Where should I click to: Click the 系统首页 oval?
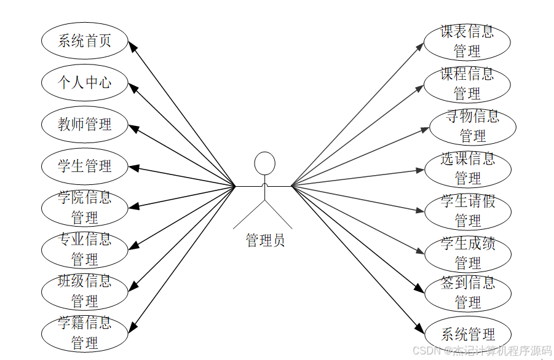point(84,41)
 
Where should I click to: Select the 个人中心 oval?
point(84,82)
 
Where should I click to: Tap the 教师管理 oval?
point(84,124)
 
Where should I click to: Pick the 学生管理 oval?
point(84,166)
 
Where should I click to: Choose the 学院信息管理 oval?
point(84,208)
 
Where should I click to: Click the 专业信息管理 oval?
point(84,249)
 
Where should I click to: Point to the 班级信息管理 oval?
point(84,291)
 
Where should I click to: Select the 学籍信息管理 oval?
point(84,332)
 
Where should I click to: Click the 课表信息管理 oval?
point(467,41)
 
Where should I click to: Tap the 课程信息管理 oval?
point(467,84)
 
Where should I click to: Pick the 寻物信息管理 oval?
point(472,126)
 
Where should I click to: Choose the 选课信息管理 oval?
point(468,168)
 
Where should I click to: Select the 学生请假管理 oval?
point(468,211)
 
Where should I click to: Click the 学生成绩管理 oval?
point(468,252)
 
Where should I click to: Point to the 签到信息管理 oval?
point(468,292)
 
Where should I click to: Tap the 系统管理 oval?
point(468,334)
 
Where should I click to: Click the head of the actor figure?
point(265,163)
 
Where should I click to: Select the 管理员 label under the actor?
point(265,240)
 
